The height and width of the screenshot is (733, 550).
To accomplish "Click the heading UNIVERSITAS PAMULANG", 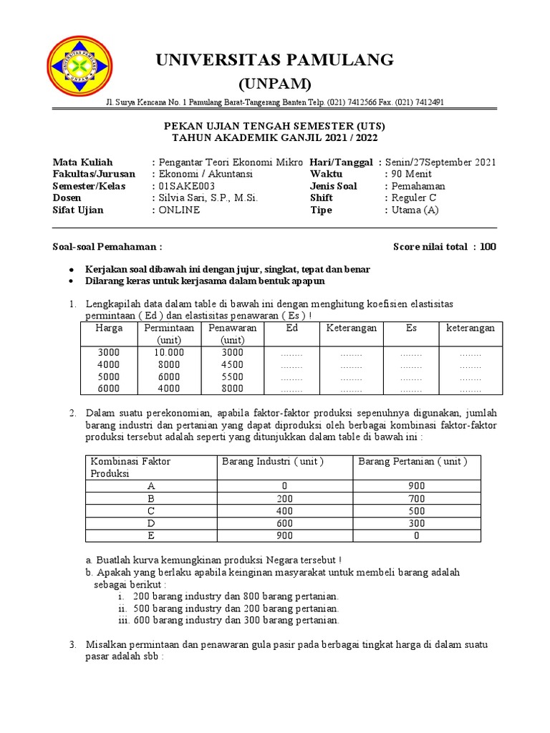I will pyautogui.click(x=275, y=60).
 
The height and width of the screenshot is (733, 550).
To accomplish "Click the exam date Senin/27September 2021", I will pyautogui.click(x=440, y=162).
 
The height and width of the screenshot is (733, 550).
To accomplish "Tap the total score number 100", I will pyautogui.click(x=488, y=248).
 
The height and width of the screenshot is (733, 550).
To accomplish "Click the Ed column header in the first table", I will pyautogui.click(x=291, y=328).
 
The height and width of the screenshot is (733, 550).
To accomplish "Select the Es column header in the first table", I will pyautogui.click(x=411, y=328).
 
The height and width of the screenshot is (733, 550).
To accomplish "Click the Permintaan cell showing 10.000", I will pyautogui.click(x=169, y=353).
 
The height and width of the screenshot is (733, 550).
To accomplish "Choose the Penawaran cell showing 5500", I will pyautogui.click(x=232, y=377).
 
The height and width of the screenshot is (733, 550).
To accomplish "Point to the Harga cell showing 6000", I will pyautogui.click(x=109, y=389).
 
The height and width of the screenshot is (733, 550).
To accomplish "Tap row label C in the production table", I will pyautogui.click(x=151, y=511).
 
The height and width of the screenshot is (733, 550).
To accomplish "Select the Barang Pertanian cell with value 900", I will pyautogui.click(x=417, y=487).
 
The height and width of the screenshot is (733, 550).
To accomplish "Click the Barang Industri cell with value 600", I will pyautogui.click(x=284, y=523).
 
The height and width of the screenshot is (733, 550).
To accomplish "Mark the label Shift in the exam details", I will pyautogui.click(x=322, y=198).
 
